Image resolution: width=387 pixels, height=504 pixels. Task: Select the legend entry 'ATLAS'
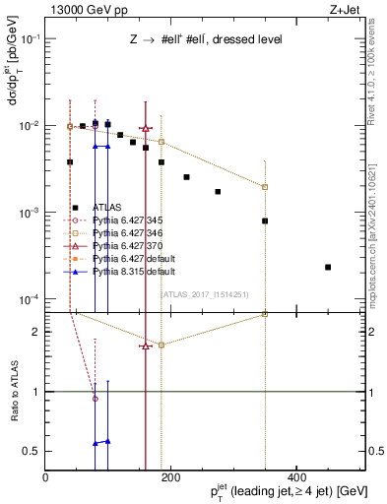(x=106, y=208)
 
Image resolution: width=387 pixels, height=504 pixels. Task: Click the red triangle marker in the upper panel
(x=146, y=128)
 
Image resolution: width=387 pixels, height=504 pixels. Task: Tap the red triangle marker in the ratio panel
(x=146, y=346)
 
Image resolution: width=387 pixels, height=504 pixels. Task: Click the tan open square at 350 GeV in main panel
(x=265, y=187)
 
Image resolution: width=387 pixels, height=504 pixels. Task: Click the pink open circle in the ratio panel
(x=96, y=399)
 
